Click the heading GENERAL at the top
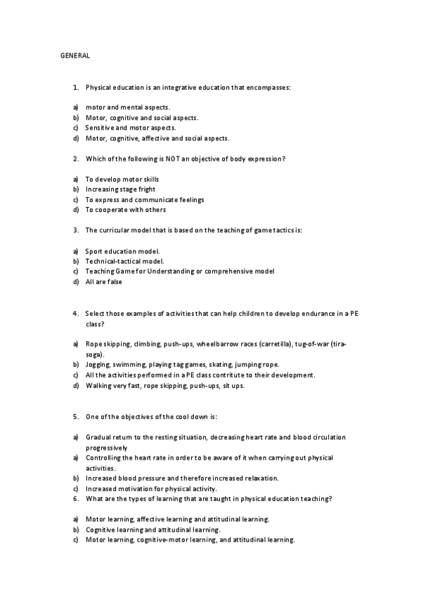click(x=75, y=55)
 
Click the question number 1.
click(x=75, y=88)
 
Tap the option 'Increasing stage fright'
click(x=120, y=189)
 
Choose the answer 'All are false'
click(x=103, y=281)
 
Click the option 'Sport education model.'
click(x=122, y=250)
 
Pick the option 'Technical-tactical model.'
click(x=124, y=261)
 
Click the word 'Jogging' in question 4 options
click(x=98, y=365)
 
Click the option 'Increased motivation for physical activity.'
click(x=151, y=488)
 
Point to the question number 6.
click(x=75, y=499)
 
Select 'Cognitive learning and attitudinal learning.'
click(x=153, y=530)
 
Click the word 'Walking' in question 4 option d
click(x=98, y=385)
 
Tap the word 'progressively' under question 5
click(x=106, y=448)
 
